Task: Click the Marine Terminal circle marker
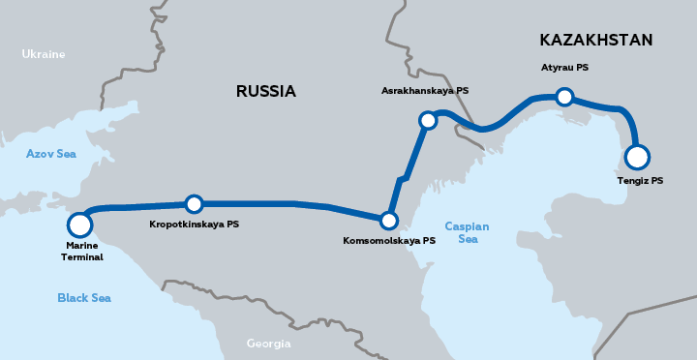79,225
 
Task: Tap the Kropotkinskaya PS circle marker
194,204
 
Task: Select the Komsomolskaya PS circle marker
389,220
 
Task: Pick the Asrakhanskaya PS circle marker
428,120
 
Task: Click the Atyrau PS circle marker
564,96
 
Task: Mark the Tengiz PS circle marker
636,157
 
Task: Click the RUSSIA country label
265,92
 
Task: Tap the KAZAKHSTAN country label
595,40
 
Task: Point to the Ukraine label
44,54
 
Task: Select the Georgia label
268,344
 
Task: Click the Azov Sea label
51,153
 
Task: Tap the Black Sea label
83,298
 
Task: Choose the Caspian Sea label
467,232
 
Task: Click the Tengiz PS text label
640,181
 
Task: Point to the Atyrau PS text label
564,68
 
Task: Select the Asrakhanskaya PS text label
425,90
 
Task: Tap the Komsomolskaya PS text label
389,241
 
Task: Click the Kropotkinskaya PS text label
194,225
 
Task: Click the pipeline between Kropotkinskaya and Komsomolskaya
290,203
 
